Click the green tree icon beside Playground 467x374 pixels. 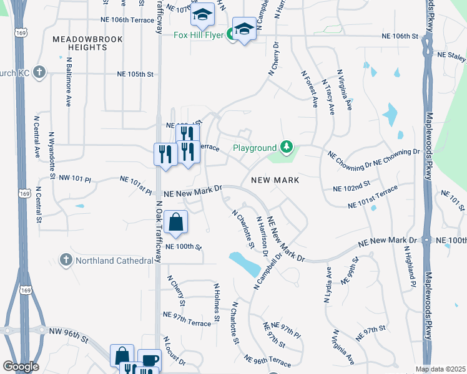(x=287, y=147)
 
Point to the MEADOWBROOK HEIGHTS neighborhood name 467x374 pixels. (x=88, y=43)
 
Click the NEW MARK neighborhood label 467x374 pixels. (x=275, y=180)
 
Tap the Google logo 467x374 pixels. (x=20, y=367)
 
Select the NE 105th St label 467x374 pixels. (x=135, y=74)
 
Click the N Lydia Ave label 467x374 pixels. (x=327, y=285)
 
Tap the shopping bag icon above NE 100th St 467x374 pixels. (x=177, y=221)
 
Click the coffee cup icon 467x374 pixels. (x=149, y=360)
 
